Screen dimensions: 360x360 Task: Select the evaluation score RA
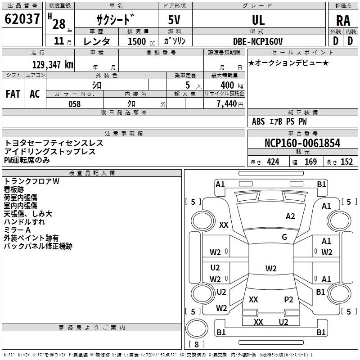pos(343,20)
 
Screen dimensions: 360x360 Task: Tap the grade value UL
pos(258,20)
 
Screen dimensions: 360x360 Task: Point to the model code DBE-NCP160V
pos(258,41)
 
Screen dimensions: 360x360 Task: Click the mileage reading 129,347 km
pos(52,64)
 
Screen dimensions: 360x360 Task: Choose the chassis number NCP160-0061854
pos(302,143)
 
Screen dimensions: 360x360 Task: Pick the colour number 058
pos(74,104)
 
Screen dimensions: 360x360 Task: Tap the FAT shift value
pos(13,94)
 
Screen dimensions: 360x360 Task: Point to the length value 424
pos(273,162)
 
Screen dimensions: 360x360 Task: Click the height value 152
pos(346,162)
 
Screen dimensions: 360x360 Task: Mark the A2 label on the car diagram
pos(290,216)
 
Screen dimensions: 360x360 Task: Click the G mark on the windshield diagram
pos(284,237)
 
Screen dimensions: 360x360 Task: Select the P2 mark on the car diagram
pos(288,299)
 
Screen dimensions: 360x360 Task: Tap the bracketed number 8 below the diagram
pos(197,344)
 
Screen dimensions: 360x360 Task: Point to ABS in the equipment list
pos(258,121)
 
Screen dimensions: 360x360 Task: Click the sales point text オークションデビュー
pos(288,63)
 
